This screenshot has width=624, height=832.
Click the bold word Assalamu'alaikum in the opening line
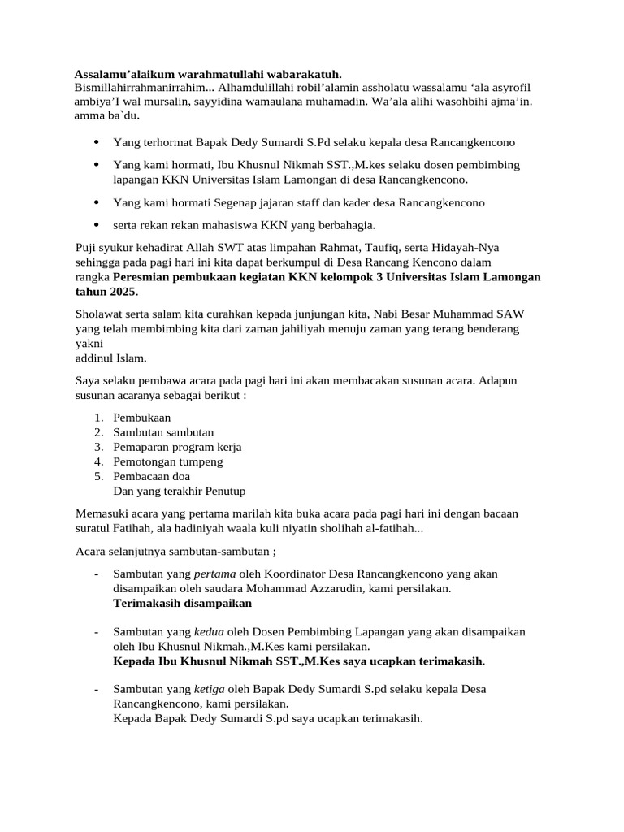tap(124, 74)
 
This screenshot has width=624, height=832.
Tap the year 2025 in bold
tap(123, 291)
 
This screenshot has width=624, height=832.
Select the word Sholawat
tap(97, 314)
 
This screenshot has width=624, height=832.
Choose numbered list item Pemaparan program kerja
tap(177, 447)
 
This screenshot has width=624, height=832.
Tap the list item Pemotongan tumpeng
tap(168, 461)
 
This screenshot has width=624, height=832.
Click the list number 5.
tap(97, 476)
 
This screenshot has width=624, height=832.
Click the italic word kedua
tap(210, 631)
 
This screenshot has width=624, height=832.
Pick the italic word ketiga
tap(210, 689)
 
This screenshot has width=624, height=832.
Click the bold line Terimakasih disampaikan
tap(183, 603)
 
